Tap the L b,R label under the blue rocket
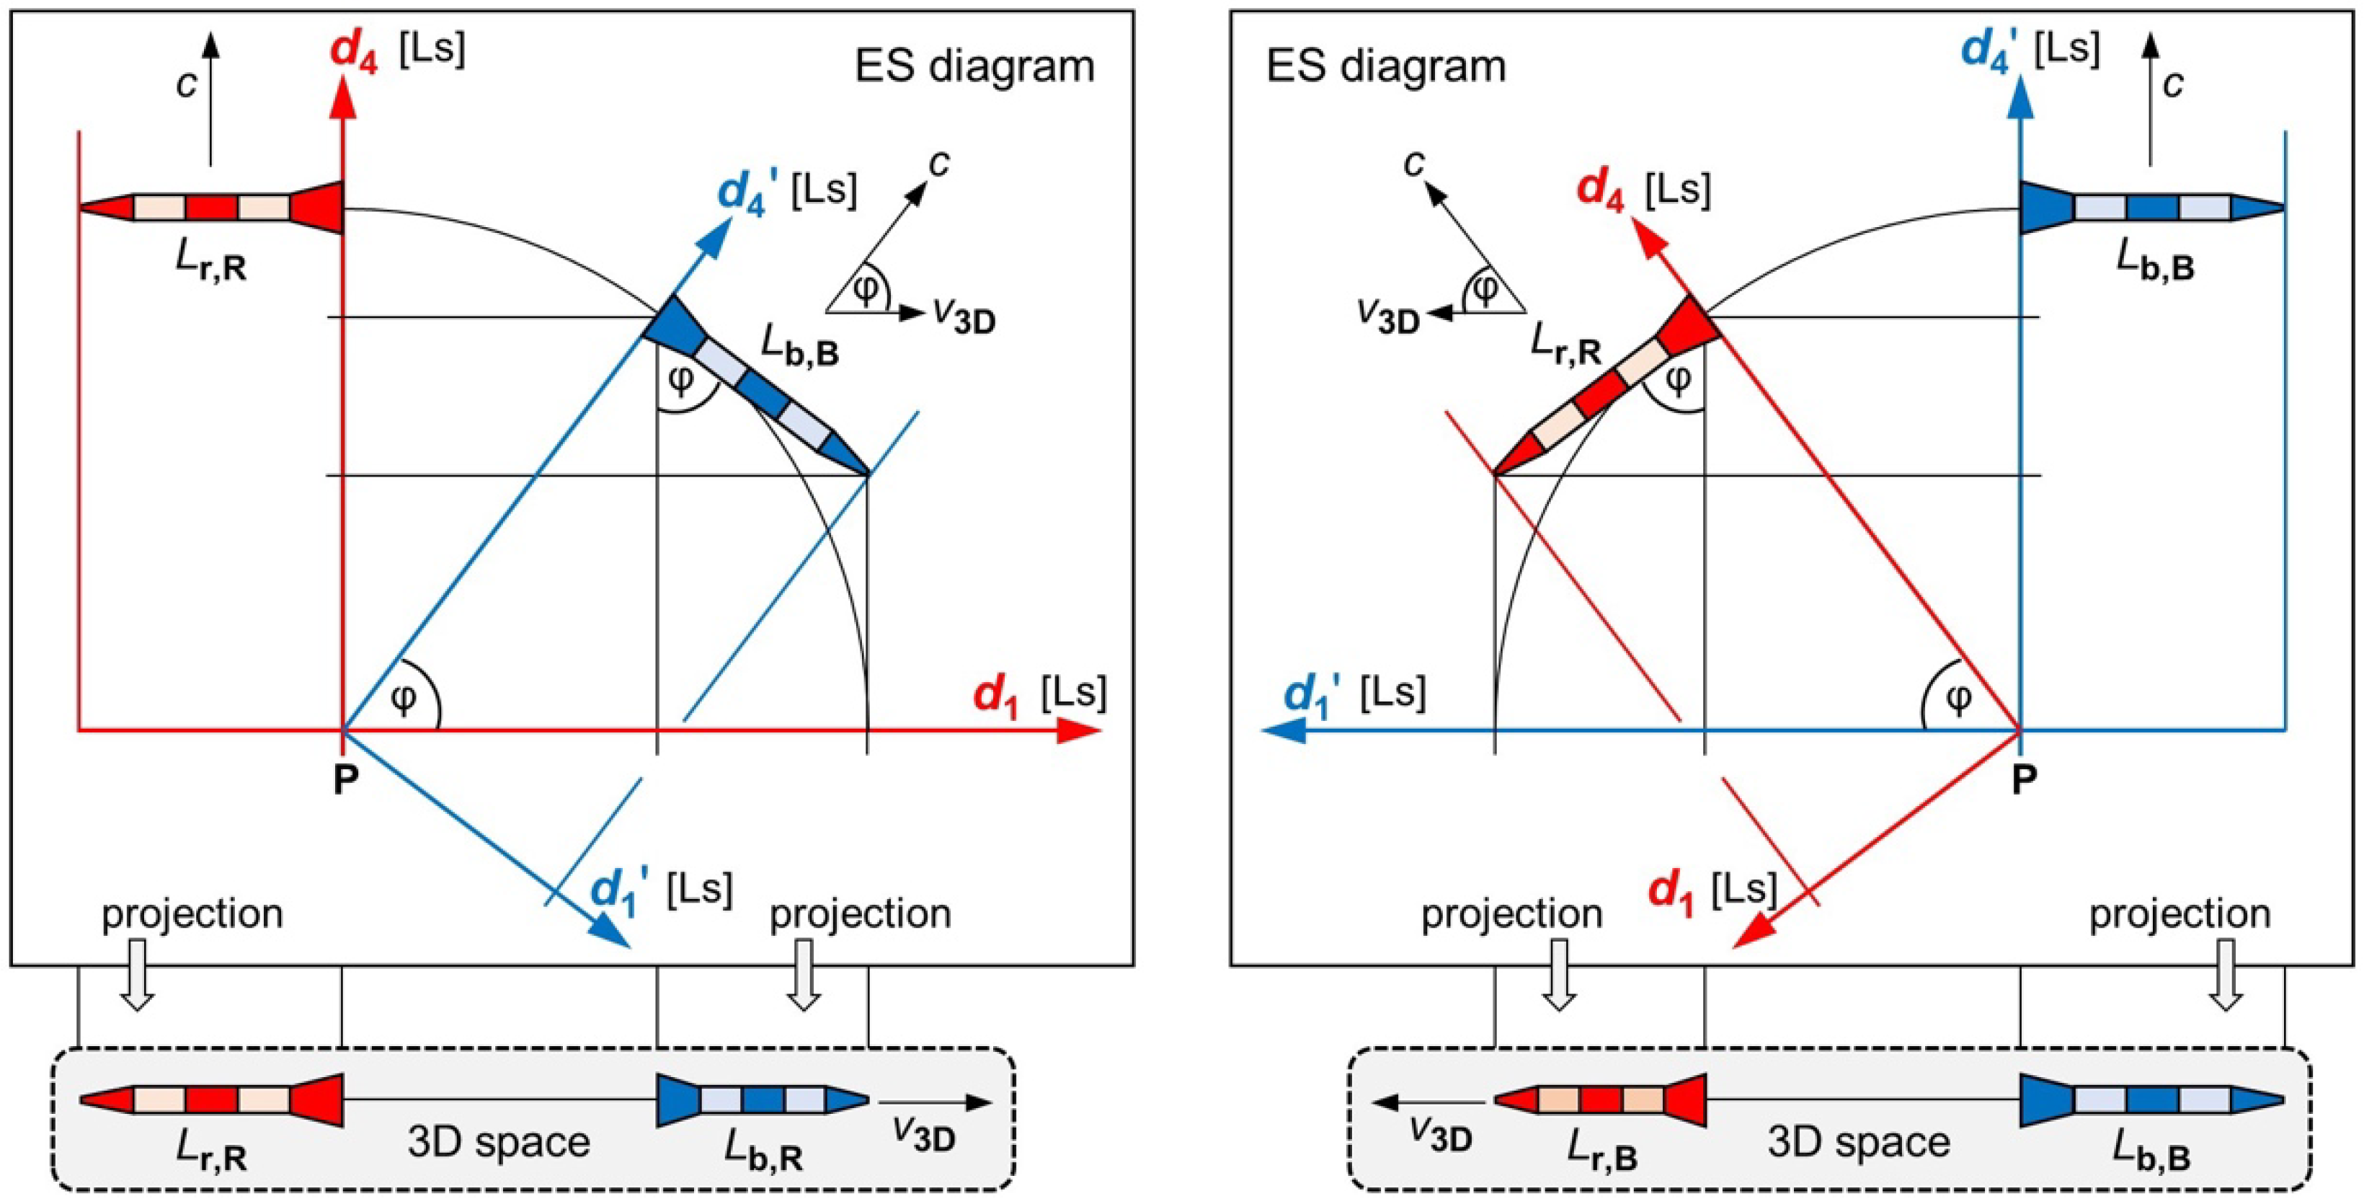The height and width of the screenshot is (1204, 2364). pyautogui.click(x=763, y=1151)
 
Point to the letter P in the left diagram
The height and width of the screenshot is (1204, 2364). pyautogui.click(x=345, y=779)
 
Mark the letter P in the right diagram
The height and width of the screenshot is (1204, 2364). pyautogui.click(x=2024, y=779)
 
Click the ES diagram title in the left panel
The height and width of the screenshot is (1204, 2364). pyautogui.click(x=974, y=67)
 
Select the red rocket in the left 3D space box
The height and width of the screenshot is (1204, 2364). pyautogui.click(x=211, y=1099)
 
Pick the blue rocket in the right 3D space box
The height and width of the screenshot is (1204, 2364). pyautogui.click(x=2152, y=1099)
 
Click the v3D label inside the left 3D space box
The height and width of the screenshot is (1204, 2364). pyautogui.click(x=923, y=1136)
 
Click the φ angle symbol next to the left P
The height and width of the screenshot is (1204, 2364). pyautogui.click(x=404, y=699)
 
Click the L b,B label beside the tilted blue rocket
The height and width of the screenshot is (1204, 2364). pyautogui.click(x=799, y=348)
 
